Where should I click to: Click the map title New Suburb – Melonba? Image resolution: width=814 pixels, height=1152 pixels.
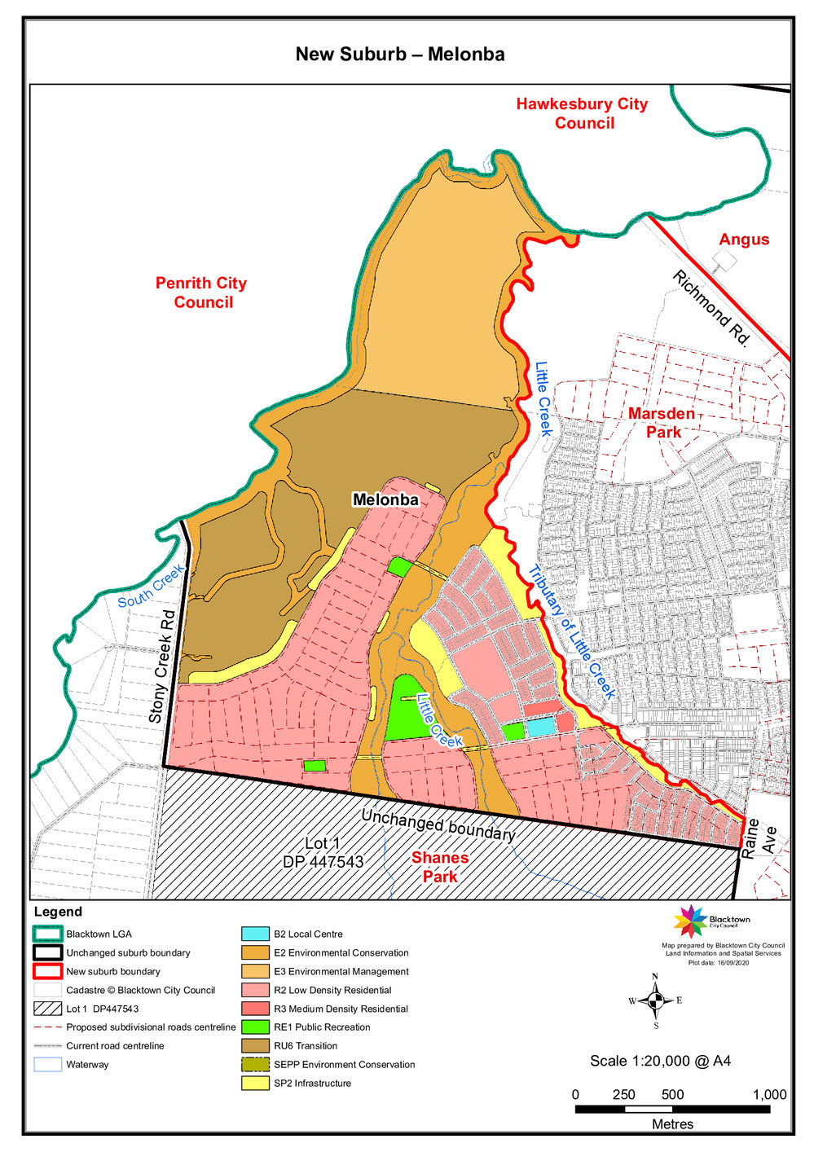click(x=399, y=55)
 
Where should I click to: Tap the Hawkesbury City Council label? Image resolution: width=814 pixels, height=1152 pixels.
click(x=582, y=113)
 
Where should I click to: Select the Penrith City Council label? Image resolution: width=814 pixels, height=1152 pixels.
click(x=201, y=292)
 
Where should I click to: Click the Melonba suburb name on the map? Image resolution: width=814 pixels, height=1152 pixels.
click(x=385, y=499)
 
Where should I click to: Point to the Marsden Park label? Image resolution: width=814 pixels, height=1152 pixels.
click(x=662, y=423)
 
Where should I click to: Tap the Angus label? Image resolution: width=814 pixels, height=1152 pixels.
click(x=743, y=240)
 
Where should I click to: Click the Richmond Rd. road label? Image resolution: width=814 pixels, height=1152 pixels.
click(x=710, y=309)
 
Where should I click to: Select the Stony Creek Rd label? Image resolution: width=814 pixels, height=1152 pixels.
click(x=163, y=666)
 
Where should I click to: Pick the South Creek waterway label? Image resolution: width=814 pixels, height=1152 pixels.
click(x=151, y=588)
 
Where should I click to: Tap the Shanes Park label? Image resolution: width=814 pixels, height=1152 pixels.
click(x=440, y=867)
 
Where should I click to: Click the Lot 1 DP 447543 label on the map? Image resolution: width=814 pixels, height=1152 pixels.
click(x=323, y=852)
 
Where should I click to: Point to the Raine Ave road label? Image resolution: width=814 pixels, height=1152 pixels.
click(x=759, y=838)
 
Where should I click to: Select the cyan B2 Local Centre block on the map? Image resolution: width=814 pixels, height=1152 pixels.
click(x=539, y=727)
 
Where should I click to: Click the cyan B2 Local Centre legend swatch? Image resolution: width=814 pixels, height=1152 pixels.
click(x=255, y=934)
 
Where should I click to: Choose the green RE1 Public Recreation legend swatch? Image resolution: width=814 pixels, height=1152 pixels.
click(x=255, y=1027)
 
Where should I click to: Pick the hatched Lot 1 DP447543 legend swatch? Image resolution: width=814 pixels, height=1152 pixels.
click(x=48, y=1009)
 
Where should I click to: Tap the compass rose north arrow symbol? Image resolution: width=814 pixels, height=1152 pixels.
click(x=655, y=1000)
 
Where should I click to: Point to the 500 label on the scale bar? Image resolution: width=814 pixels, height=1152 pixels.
click(x=672, y=1094)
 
